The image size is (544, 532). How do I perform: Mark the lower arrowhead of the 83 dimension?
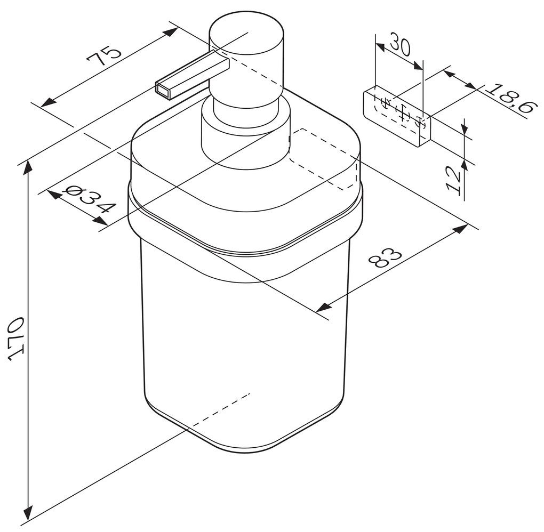[322, 307]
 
